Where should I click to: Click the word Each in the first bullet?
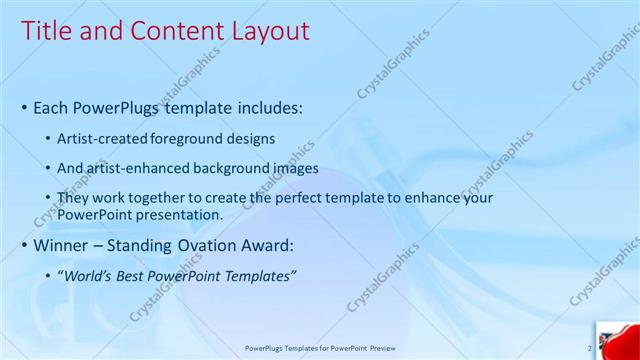pos(51,106)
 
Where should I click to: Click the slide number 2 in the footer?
pos(589,348)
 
